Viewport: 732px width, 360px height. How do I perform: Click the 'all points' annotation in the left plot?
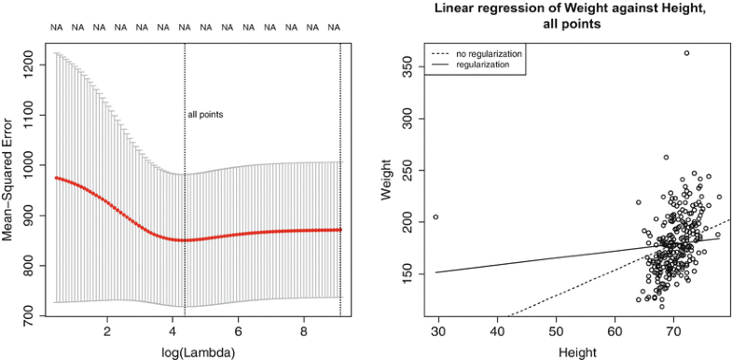coord(206,115)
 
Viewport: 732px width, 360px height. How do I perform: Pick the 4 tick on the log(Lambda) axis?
coord(173,331)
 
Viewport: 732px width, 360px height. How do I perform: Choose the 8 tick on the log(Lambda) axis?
coord(304,331)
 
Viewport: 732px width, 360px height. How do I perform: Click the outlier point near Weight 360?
coord(686,53)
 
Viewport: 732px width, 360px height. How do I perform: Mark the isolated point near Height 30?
coord(435,217)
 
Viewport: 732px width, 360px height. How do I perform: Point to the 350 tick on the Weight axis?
coord(407,68)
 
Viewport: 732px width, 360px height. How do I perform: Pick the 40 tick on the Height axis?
coord(498,331)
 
